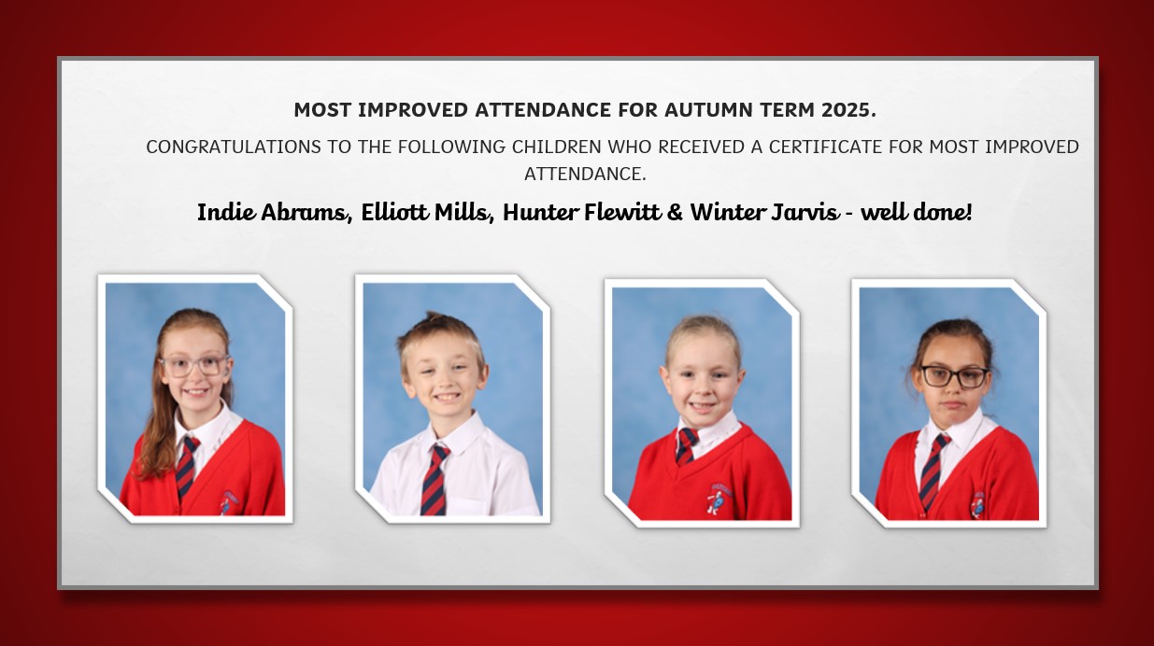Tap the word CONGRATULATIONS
(x=234, y=147)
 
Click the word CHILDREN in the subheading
(x=556, y=147)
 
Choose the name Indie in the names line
(x=226, y=212)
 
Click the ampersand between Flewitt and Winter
(x=675, y=212)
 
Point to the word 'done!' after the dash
(x=942, y=212)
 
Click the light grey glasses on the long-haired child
(x=194, y=365)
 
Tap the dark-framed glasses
(x=955, y=377)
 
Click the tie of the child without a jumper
(x=434, y=480)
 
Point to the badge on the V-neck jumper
(x=719, y=499)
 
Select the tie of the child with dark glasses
(x=933, y=471)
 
